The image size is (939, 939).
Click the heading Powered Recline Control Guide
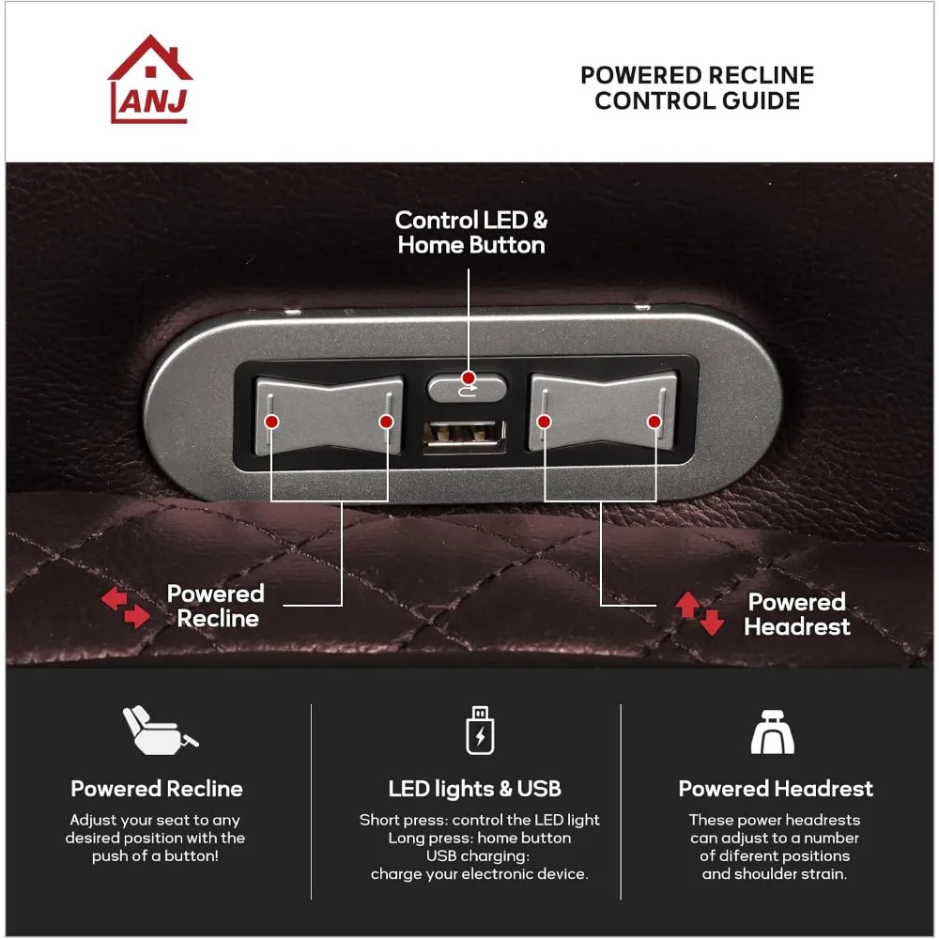coord(697,88)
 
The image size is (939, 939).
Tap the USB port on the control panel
coord(463,435)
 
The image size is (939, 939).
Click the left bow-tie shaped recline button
coord(329,413)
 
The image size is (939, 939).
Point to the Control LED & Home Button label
coord(470,233)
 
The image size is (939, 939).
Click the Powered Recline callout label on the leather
coord(216,606)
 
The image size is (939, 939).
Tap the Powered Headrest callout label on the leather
coord(797,614)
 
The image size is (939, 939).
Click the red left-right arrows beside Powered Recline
coord(126,608)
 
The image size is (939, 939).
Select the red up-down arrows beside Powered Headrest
coord(700,613)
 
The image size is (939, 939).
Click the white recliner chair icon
coord(158,730)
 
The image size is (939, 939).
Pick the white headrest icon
coord(772,731)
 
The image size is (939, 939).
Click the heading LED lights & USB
coord(475,789)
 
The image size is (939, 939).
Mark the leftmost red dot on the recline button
coord(270,423)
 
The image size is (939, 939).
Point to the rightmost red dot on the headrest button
coord(654,422)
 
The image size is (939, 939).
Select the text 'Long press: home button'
coord(479,838)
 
